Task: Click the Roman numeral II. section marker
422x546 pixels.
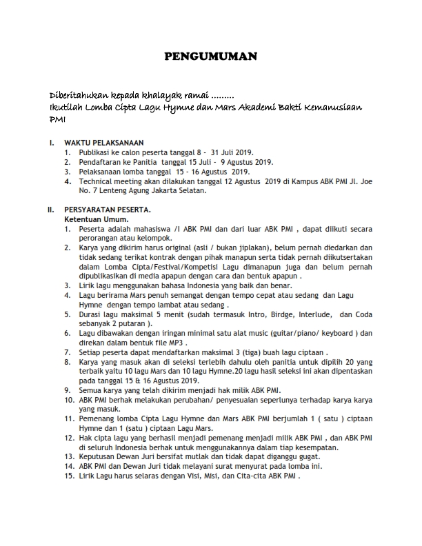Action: click(50, 209)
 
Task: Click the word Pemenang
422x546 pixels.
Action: click(97, 418)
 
